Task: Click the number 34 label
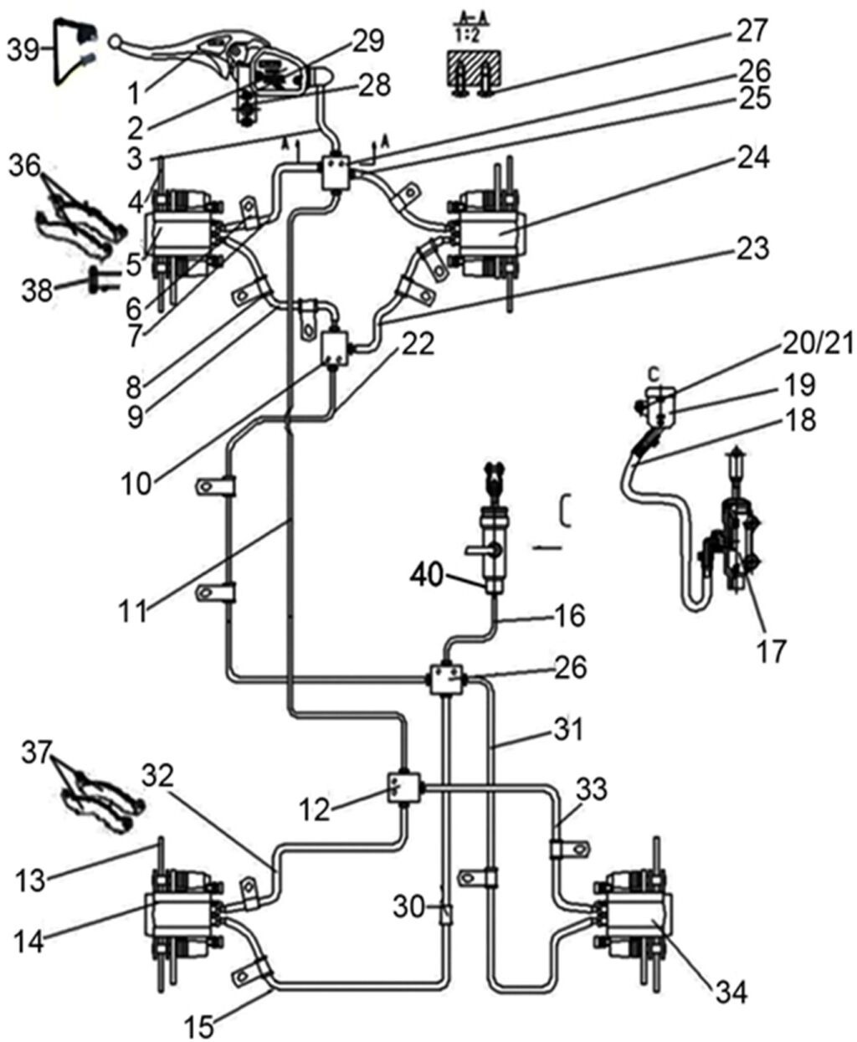[x=730, y=993]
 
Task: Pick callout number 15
[x=200, y=1024]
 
